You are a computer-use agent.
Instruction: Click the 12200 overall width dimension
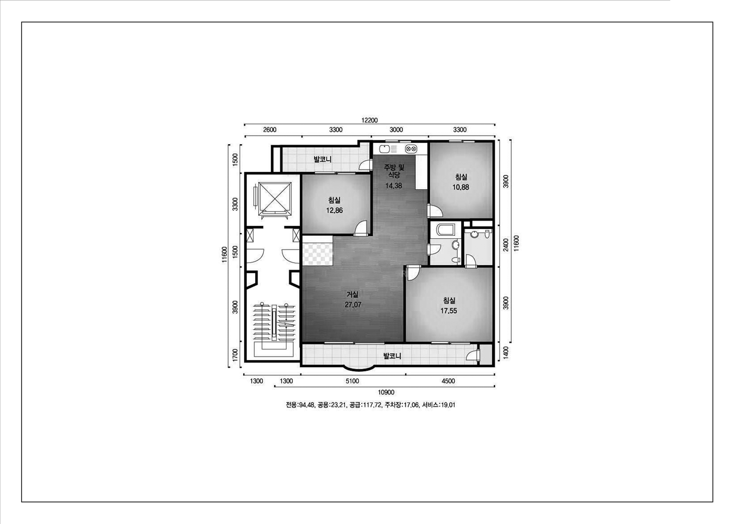369,120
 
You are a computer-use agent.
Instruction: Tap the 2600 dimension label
270,130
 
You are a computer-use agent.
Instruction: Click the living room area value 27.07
353,304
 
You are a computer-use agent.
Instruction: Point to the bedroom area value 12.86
334,210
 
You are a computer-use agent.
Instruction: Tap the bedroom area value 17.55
449,311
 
